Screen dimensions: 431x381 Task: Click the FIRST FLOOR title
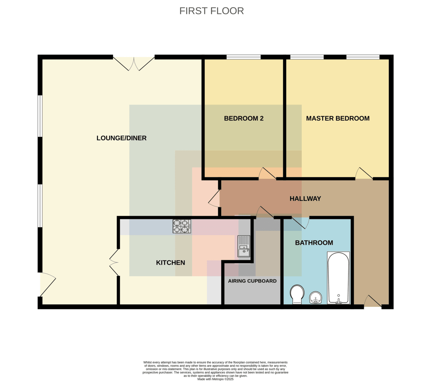(x=212, y=11)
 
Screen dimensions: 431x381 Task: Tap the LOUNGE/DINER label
(x=121, y=138)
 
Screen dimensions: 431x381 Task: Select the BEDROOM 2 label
(x=244, y=118)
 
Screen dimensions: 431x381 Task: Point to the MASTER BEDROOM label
(x=338, y=118)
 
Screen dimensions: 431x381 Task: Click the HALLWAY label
(x=305, y=199)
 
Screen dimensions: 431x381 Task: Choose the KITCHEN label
(x=171, y=263)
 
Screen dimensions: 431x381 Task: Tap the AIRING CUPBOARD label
(x=252, y=281)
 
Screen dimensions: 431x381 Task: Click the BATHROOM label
(x=314, y=243)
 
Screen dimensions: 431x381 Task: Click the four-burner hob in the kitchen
(x=182, y=226)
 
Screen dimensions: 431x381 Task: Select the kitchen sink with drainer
(x=244, y=246)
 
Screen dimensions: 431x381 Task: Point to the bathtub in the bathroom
(x=338, y=278)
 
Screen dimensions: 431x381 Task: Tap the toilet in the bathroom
(x=297, y=295)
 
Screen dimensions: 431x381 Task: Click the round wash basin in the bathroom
(x=315, y=298)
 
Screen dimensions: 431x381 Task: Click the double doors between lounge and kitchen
(x=114, y=262)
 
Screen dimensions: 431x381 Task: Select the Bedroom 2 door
(x=268, y=173)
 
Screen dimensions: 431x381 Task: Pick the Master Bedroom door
(x=364, y=173)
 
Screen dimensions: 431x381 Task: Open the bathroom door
(x=300, y=223)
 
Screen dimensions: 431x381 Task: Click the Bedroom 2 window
(x=244, y=57)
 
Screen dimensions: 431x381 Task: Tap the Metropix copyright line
(x=215, y=379)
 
